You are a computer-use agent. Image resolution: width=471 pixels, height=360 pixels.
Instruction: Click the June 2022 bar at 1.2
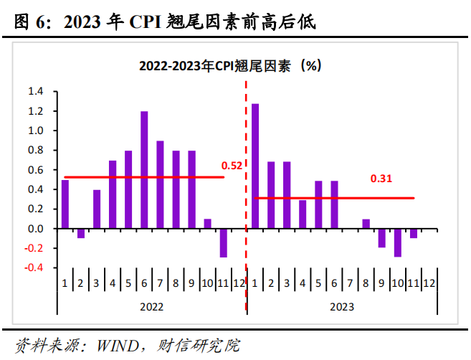coord(144,170)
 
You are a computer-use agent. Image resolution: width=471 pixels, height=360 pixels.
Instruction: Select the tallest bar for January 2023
coord(255,166)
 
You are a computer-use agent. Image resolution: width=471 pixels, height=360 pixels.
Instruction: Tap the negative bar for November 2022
coord(223,242)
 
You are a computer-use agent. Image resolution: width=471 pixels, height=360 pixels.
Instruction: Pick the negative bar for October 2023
coord(397,242)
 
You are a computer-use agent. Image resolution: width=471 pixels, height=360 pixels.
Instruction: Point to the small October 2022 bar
coord(207,224)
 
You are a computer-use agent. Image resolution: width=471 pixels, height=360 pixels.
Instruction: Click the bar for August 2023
coord(366,224)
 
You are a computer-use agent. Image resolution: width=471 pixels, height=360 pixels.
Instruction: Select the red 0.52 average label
coord(232,166)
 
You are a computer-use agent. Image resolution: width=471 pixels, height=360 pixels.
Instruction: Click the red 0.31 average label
coord(381,178)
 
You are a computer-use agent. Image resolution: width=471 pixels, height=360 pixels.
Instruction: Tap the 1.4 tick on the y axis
coord(35,92)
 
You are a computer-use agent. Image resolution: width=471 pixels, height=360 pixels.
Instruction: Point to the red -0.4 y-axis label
coord(34,267)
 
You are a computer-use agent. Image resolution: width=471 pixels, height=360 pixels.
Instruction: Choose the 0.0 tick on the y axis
coord(35,229)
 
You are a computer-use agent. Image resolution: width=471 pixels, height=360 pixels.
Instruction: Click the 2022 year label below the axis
coord(151,305)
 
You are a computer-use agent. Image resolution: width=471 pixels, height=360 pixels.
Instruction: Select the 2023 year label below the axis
coord(342,305)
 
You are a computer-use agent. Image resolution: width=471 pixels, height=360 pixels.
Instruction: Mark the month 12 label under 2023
coord(429,283)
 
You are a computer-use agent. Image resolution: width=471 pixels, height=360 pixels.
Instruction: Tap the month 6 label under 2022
coord(144,283)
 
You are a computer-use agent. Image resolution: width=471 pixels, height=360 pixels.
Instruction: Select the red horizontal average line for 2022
coord(143,177)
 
